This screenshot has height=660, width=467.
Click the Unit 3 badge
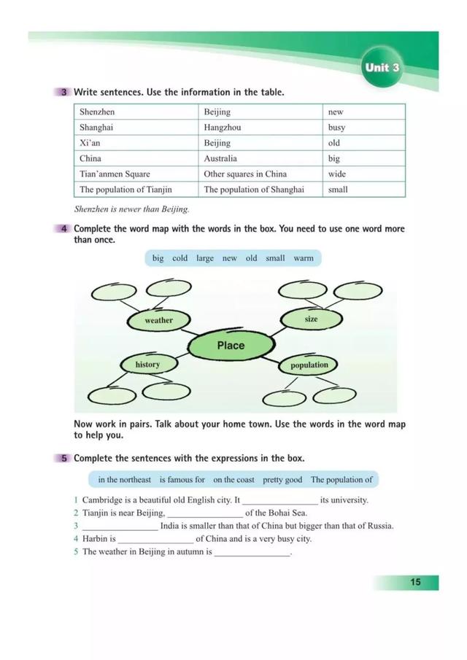(382, 68)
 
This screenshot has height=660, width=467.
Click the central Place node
(231, 346)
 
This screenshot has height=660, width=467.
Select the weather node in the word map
(159, 320)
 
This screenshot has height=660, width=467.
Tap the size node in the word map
(311, 319)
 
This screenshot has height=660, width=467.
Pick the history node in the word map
(147, 365)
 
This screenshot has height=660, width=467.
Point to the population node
(309, 365)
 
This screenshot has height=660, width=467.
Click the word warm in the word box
(304, 258)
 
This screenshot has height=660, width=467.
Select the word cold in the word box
(180, 258)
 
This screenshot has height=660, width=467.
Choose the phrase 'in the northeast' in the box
(125, 480)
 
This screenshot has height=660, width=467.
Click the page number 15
(415, 582)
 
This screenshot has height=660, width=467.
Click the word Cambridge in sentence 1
(105, 500)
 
